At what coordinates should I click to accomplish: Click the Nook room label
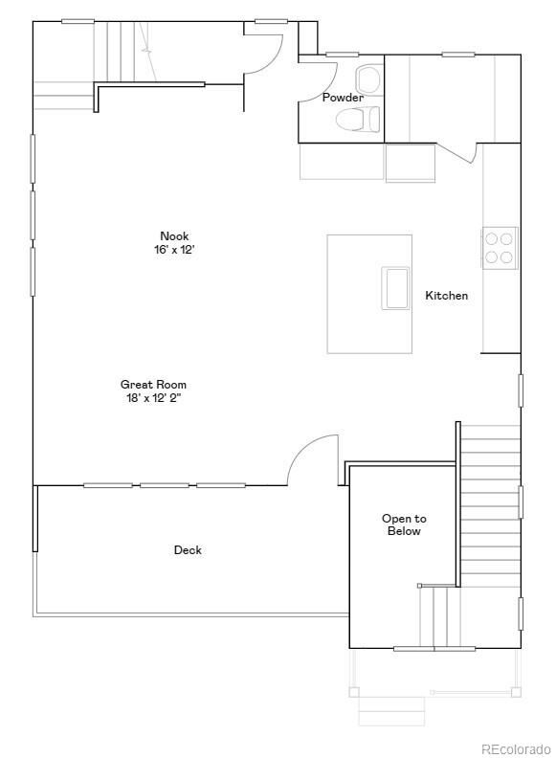pyautogui.click(x=174, y=236)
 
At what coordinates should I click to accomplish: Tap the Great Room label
pyautogui.click(x=153, y=385)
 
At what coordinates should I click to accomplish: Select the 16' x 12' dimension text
pyautogui.click(x=174, y=250)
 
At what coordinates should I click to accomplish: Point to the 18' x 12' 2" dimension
pyautogui.click(x=153, y=398)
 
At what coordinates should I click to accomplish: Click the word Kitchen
pyautogui.click(x=446, y=296)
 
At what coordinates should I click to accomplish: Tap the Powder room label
pyautogui.click(x=342, y=98)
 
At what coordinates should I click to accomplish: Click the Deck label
pyautogui.click(x=188, y=550)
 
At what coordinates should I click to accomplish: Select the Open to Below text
pyautogui.click(x=404, y=524)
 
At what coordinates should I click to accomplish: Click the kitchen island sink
pyautogui.click(x=396, y=288)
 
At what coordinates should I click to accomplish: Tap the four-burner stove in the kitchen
pyautogui.click(x=498, y=248)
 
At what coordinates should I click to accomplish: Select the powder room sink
pyautogui.click(x=367, y=77)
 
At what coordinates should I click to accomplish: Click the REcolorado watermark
pyautogui.click(x=515, y=748)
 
